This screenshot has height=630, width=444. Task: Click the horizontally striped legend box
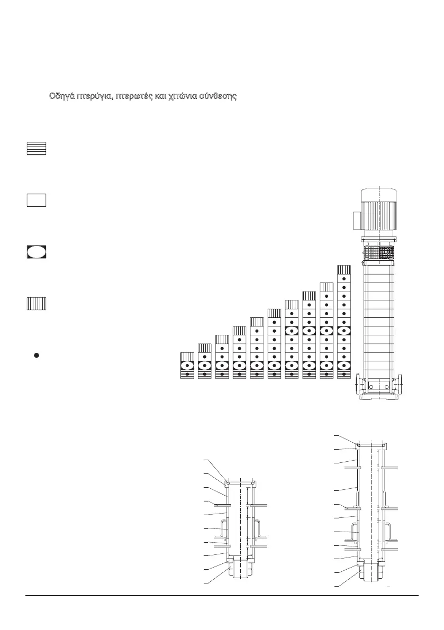click(x=37, y=149)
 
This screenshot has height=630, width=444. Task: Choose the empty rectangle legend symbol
click(x=37, y=200)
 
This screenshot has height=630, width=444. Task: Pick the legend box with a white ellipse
click(x=37, y=252)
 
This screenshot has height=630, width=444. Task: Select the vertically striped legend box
click(x=37, y=304)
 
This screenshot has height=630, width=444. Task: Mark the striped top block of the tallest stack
click(x=344, y=269)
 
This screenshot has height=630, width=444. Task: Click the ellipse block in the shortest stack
click(x=188, y=366)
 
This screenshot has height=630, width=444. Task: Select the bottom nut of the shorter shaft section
click(x=240, y=572)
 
